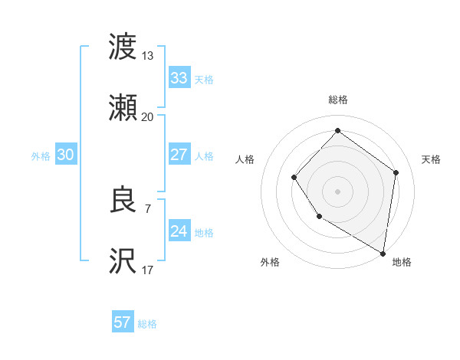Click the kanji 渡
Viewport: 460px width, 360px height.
[123, 47]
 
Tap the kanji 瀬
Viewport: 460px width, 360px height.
[123, 108]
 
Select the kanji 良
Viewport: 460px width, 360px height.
[123, 201]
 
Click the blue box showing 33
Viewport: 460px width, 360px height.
[179, 77]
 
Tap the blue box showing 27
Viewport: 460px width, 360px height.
[179, 155]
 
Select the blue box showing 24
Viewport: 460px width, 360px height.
[179, 231]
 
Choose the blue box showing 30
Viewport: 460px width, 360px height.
[66, 155]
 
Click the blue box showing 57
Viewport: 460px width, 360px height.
[123, 322]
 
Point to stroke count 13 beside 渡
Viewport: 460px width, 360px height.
[147, 55]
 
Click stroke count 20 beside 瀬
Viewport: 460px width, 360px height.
[147, 116]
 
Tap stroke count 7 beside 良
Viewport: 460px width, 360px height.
[147, 208]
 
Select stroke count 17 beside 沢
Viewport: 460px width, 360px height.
[147, 270]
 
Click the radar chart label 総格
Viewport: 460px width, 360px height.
[337, 100]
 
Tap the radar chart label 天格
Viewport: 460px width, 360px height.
[431, 159]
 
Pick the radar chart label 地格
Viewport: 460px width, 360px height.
[402, 262]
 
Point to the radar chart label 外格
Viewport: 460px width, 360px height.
[270, 262]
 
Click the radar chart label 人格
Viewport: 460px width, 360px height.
[245, 159]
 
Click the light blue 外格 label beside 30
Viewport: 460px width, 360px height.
[41, 155]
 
